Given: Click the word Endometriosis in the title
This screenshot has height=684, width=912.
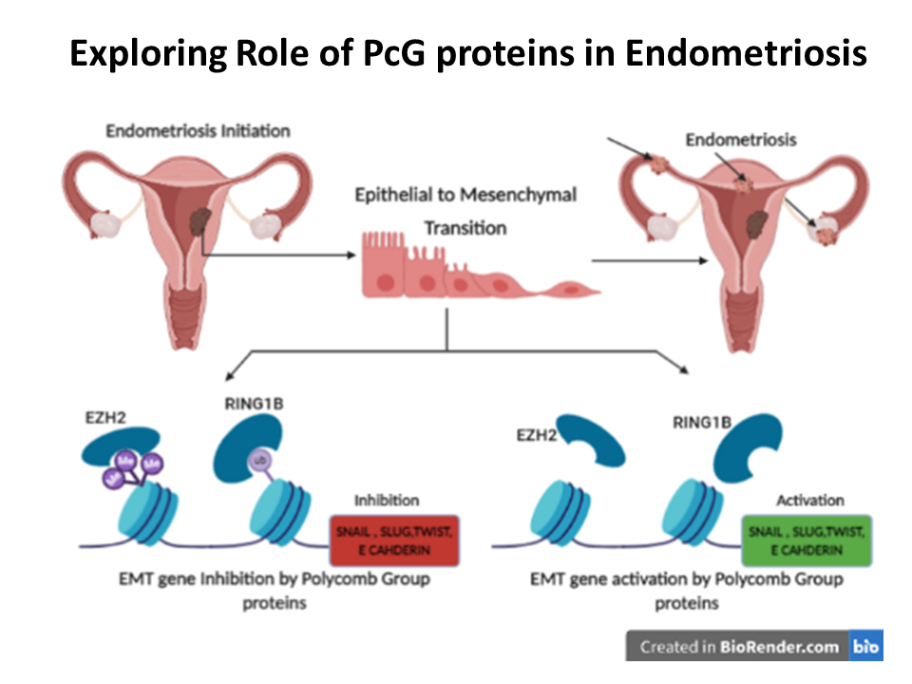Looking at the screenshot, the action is coord(746,53).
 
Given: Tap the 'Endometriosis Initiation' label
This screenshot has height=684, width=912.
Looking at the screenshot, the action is coord(198,131).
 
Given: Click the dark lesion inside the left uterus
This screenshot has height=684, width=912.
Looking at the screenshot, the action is coord(200,221).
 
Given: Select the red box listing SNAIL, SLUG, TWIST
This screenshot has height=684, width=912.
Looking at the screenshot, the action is coord(394,541).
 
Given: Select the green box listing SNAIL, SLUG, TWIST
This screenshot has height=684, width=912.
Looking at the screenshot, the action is coord(807,541).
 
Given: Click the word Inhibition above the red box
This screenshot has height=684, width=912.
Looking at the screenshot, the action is coord(387,501).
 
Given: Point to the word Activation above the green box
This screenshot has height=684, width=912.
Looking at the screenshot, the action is coord(810,501).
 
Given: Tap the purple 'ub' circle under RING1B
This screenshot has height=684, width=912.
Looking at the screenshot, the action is coord(260,461).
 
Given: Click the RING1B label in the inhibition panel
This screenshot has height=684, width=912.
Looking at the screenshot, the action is coord(255,403).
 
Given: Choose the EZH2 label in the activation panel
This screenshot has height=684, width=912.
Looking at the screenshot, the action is coord(536,435).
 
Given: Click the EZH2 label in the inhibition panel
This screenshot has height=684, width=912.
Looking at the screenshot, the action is coord(105,418).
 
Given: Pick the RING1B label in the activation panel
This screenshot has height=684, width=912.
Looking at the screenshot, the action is coord(702,422).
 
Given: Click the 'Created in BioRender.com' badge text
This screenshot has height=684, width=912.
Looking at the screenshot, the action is coord(739,647).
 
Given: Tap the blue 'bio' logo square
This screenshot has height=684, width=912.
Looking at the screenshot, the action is coord(866,646).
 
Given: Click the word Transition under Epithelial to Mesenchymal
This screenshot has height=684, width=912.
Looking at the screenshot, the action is coord(465,228).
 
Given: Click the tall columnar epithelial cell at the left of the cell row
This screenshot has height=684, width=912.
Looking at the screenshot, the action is coord(384,265).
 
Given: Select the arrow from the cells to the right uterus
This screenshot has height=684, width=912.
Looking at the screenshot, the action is coord(650,260).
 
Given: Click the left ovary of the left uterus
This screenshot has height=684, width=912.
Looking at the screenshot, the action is coord(105,224).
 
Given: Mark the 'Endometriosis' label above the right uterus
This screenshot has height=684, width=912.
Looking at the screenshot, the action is coord(741,140).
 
